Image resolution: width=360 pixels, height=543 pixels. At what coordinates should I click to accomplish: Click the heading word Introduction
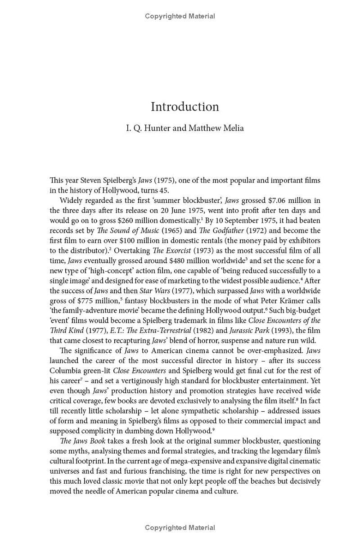coord(184,107)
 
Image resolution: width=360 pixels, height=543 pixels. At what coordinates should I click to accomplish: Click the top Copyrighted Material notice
coord(180,16)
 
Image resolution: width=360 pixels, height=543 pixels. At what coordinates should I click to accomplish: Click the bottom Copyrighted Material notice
coord(180,528)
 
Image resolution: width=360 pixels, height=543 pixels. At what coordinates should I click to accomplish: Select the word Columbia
coord(66,371)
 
